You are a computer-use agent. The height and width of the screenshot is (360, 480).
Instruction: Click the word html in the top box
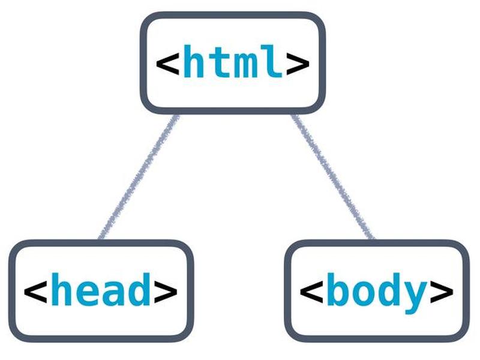[x=233, y=61]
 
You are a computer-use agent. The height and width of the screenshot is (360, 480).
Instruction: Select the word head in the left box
[x=101, y=289]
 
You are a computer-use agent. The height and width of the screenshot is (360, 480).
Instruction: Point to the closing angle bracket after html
[x=298, y=64]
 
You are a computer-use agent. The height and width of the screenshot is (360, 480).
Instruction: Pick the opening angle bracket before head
[x=35, y=292]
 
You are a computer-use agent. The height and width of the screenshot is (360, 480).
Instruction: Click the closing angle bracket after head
[x=166, y=292]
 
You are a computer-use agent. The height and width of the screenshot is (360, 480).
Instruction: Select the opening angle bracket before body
[x=311, y=292]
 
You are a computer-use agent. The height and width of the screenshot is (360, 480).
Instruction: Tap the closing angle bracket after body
[x=442, y=292]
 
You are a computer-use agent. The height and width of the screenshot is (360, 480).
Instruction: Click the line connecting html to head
[x=139, y=176]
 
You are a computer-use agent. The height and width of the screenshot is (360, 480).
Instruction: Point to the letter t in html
[x=220, y=62]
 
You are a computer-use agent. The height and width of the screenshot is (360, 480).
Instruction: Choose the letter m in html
[x=245, y=65]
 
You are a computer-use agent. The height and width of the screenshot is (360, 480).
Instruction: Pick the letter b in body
[x=338, y=289]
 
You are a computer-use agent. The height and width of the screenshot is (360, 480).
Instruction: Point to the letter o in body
[x=364, y=293]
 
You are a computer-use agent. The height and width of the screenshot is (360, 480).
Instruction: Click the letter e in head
[x=88, y=293]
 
